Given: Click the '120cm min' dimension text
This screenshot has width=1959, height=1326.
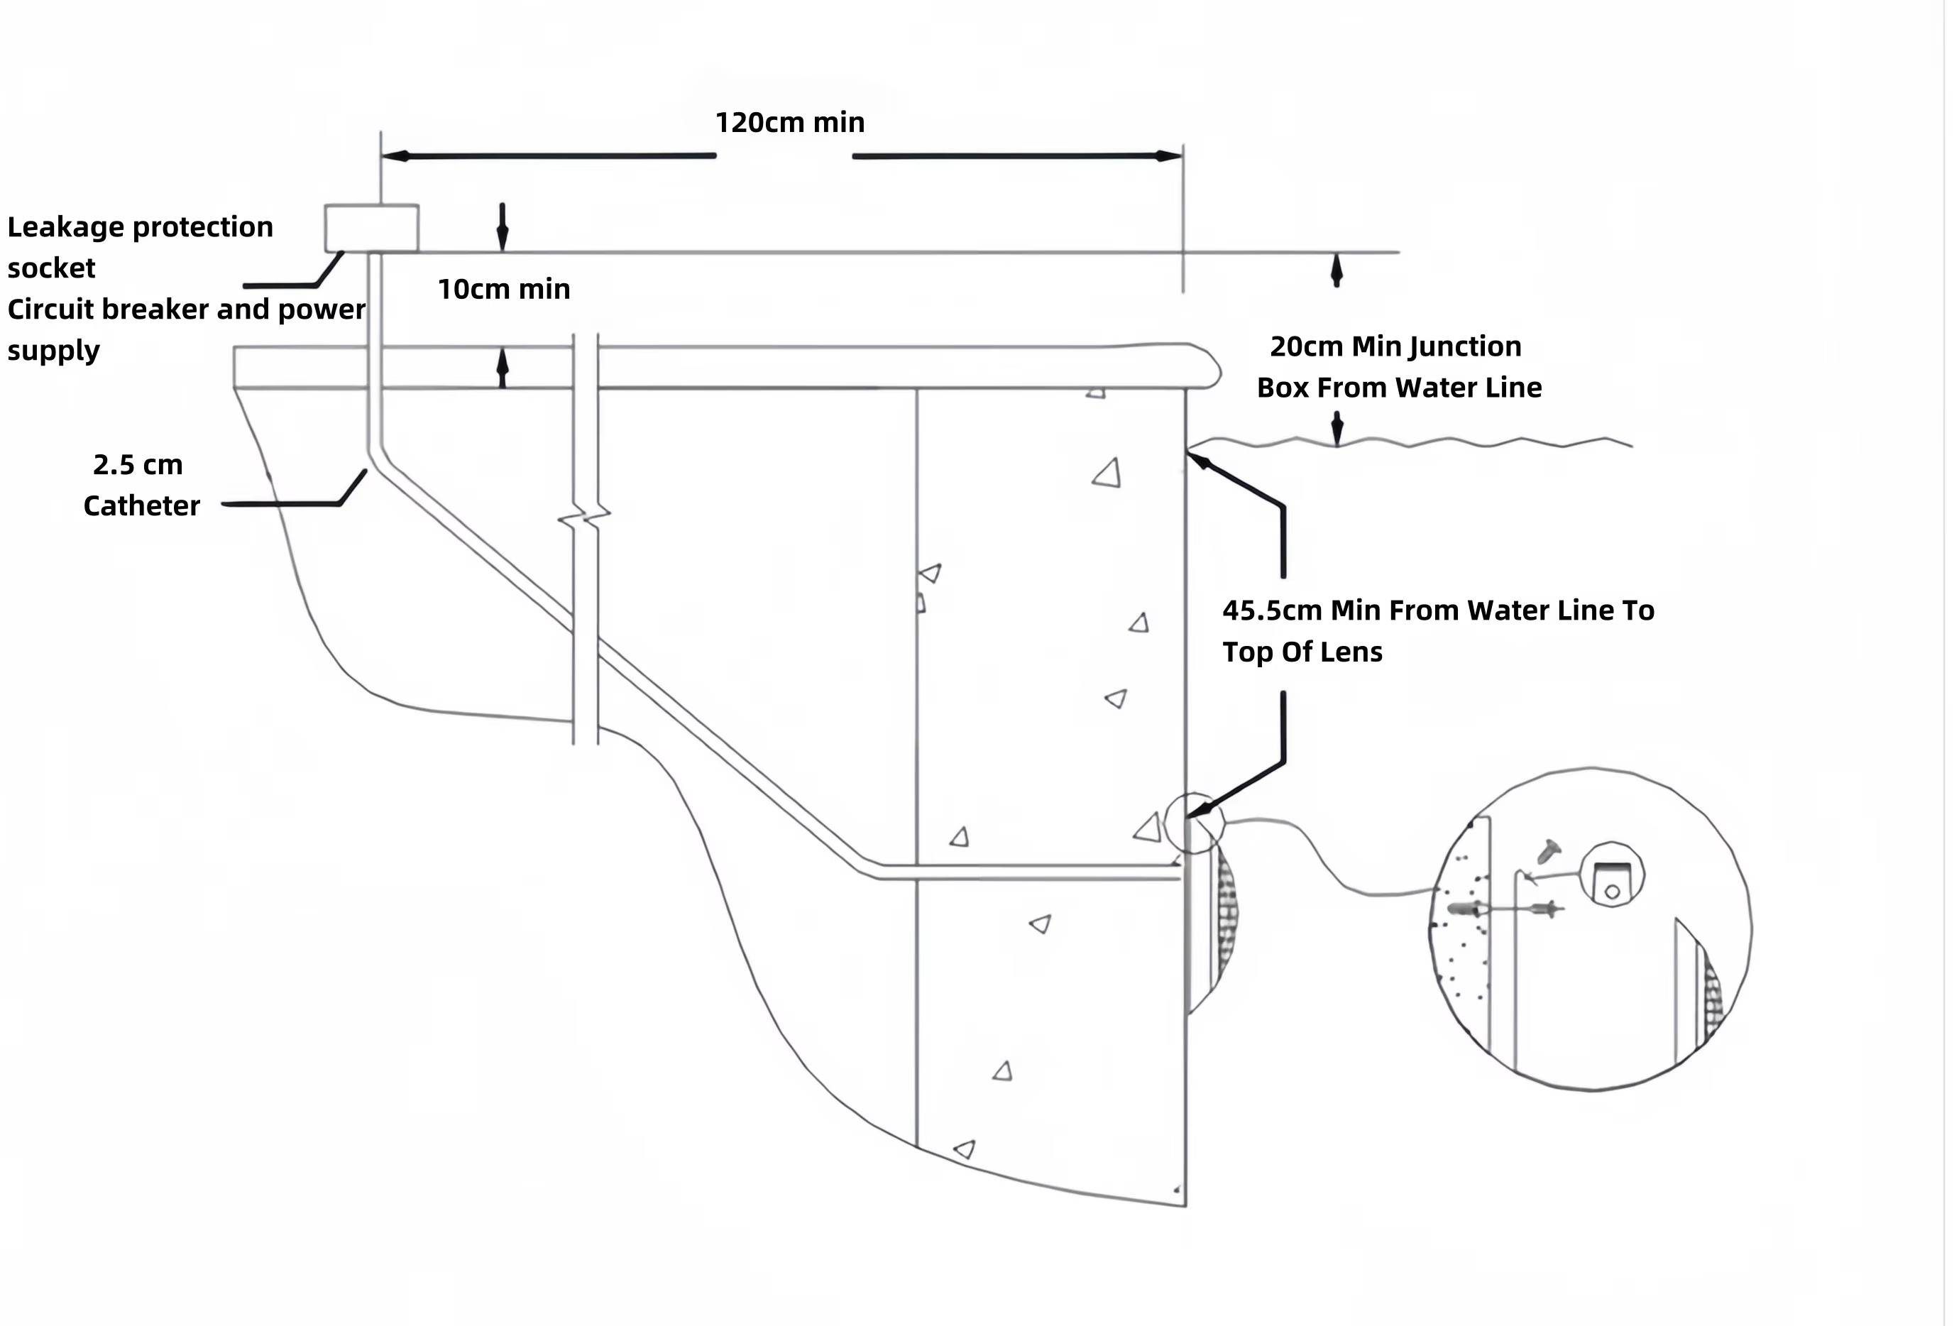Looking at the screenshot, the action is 790,123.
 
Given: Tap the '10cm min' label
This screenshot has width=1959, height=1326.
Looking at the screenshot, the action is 504,289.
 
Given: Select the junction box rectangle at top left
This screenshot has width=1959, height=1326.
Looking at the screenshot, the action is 372,228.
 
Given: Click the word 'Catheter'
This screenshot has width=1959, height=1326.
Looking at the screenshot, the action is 142,506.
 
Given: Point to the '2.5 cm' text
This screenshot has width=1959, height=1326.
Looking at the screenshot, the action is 138,464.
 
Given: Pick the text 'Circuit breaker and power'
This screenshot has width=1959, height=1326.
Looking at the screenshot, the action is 186,309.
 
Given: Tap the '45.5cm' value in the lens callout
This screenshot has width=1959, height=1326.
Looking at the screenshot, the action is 1272,610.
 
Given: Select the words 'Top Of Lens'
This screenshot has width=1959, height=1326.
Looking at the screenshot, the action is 1302,652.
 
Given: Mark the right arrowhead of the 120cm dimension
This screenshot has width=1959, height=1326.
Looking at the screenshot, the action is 1168,156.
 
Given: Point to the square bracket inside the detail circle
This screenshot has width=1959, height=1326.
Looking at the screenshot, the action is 1613,873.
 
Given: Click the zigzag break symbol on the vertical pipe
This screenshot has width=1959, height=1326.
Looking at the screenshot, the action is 585,515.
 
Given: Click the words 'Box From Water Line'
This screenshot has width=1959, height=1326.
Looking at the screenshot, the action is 1399,388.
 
